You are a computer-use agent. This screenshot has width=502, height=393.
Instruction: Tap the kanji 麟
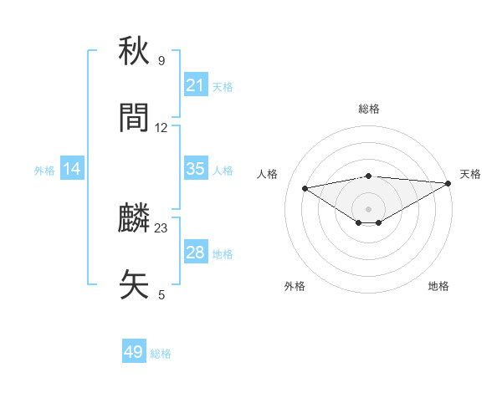[136, 219]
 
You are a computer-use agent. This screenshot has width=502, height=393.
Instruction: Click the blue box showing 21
[195, 85]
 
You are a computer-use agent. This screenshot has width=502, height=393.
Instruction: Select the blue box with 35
[195, 169]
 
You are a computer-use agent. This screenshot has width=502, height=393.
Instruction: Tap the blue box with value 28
[195, 253]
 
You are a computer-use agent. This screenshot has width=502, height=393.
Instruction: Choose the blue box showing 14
[72, 169]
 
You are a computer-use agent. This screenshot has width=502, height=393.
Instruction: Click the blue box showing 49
[134, 353]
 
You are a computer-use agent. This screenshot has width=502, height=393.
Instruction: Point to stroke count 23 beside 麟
[161, 227]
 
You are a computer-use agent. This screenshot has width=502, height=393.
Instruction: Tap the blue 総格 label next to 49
[161, 354]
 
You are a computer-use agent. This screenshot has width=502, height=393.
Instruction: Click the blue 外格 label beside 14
[44, 170]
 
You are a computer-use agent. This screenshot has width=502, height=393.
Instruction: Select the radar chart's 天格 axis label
[471, 174]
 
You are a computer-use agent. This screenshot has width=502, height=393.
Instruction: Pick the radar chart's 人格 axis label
[267, 174]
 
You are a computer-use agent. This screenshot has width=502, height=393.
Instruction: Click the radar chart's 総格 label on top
[368, 109]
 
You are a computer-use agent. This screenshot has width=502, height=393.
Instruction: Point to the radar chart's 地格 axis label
[438, 286]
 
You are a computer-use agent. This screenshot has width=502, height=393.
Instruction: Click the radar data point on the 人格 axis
[305, 187]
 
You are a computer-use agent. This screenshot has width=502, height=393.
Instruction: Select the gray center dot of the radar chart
[368, 208]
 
